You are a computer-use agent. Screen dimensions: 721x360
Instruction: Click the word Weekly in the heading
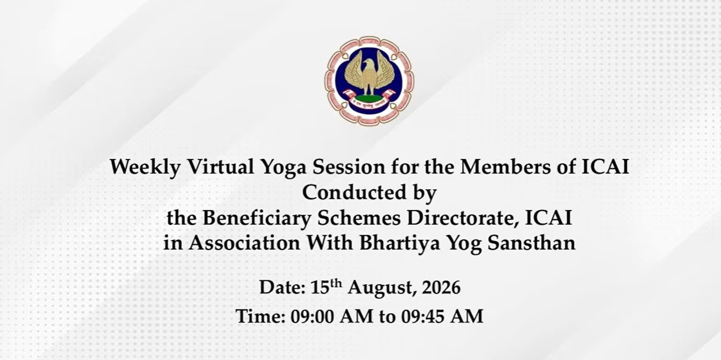pos(145,168)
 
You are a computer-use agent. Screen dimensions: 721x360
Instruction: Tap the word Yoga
pos(283,168)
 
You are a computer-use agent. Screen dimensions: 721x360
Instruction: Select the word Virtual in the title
pos(220,167)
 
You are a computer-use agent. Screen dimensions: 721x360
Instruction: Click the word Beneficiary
pos(256,219)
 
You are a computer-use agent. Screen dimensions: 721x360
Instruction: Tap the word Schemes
pos(359,218)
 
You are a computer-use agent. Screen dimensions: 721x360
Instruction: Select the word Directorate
pos(463,218)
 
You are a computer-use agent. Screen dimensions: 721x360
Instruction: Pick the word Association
pos(244,243)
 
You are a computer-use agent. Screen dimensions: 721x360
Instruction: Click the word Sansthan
pos(532,243)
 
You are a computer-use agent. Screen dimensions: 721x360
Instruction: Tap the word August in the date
pos(380,288)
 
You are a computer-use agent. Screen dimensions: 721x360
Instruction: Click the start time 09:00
pos(312,316)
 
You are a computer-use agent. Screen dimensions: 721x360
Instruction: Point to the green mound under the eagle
pos(369,98)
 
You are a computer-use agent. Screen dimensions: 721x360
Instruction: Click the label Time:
pos(261,316)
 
